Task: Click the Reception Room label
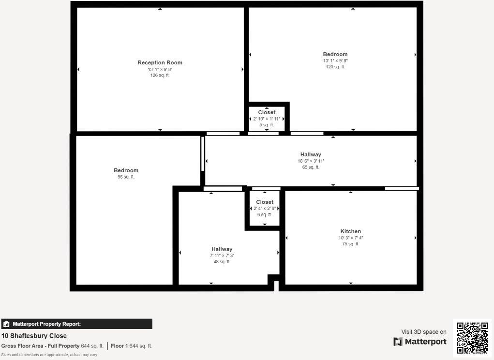coord(160,62)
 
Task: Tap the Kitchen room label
coord(350,231)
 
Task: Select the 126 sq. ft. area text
coord(160,75)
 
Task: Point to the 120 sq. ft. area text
coord(335,67)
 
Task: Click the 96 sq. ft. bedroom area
coord(126,177)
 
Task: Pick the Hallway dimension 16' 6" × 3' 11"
coord(311,161)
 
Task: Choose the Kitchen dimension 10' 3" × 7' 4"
coord(350,238)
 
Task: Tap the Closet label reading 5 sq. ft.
coord(267,125)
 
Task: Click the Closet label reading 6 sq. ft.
coord(265,214)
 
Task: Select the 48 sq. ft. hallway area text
coord(222,262)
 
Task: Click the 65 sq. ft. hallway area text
coord(311,167)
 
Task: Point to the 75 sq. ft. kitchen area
coord(350,244)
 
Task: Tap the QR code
coord(472,338)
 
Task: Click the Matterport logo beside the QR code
coord(419,342)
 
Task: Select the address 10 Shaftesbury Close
coord(34,336)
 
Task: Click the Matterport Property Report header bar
coord(76,324)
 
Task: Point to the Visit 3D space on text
coord(423,332)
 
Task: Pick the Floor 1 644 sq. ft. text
coord(131,346)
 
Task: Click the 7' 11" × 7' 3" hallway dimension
coord(222,255)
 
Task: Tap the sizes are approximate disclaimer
coord(49,355)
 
